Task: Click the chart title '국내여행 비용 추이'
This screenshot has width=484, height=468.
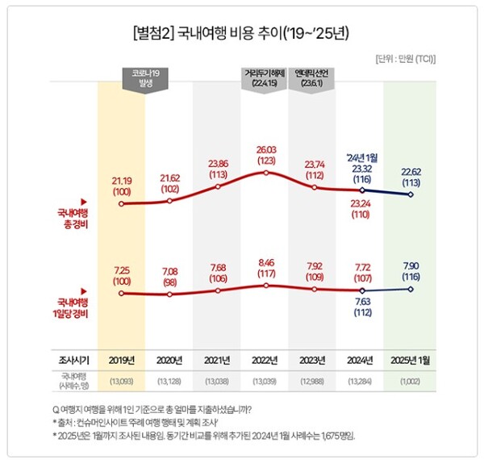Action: [242, 35]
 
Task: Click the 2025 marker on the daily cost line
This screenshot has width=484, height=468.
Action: [411, 289]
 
